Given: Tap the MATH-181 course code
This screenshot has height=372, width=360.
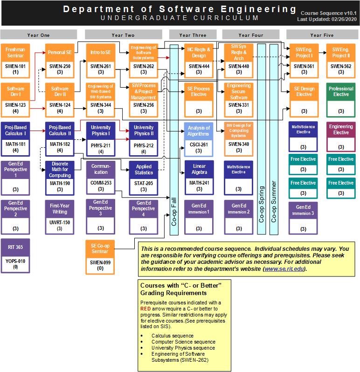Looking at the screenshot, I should [x=16, y=144].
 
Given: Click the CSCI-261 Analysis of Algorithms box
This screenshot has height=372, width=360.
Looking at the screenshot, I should [x=199, y=139].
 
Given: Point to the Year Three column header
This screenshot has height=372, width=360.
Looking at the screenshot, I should [x=192, y=35].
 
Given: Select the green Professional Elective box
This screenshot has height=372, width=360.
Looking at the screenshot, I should [x=341, y=100].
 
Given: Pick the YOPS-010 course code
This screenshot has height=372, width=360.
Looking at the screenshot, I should [x=16, y=261].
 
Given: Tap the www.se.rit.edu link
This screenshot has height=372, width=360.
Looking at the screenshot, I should [x=284, y=269].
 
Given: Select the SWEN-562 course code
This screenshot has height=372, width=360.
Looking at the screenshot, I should [x=341, y=66].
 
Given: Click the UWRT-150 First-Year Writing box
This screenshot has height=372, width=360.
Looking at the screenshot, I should [x=60, y=217].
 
